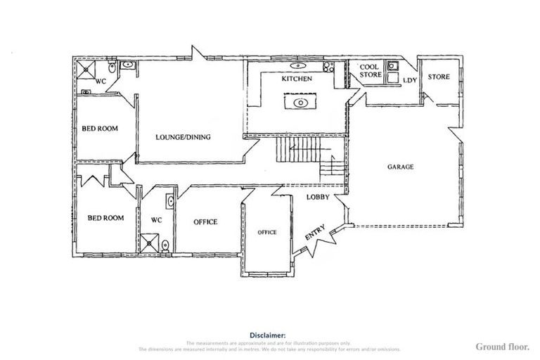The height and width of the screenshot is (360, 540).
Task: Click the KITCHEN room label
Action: [x=296, y=79]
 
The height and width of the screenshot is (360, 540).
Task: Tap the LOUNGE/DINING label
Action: [x=183, y=137]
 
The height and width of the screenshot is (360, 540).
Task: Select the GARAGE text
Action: [x=400, y=167]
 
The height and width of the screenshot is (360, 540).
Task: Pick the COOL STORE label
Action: [x=370, y=70]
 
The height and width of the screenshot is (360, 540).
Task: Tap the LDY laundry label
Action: [x=409, y=81]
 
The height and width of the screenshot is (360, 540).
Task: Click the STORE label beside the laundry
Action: [x=438, y=76]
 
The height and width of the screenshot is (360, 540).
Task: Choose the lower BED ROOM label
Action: [x=105, y=218]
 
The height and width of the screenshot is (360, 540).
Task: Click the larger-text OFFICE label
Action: [x=205, y=222]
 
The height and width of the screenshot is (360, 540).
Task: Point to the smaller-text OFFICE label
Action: [x=266, y=232]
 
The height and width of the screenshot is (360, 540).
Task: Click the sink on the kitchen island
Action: [x=300, y=103]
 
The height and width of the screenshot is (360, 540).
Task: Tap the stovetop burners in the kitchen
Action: [x=327, y=67]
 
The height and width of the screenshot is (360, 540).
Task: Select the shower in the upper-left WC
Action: [x=87, y=69]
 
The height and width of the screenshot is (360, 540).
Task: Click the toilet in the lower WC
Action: [x=165, y=245]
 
